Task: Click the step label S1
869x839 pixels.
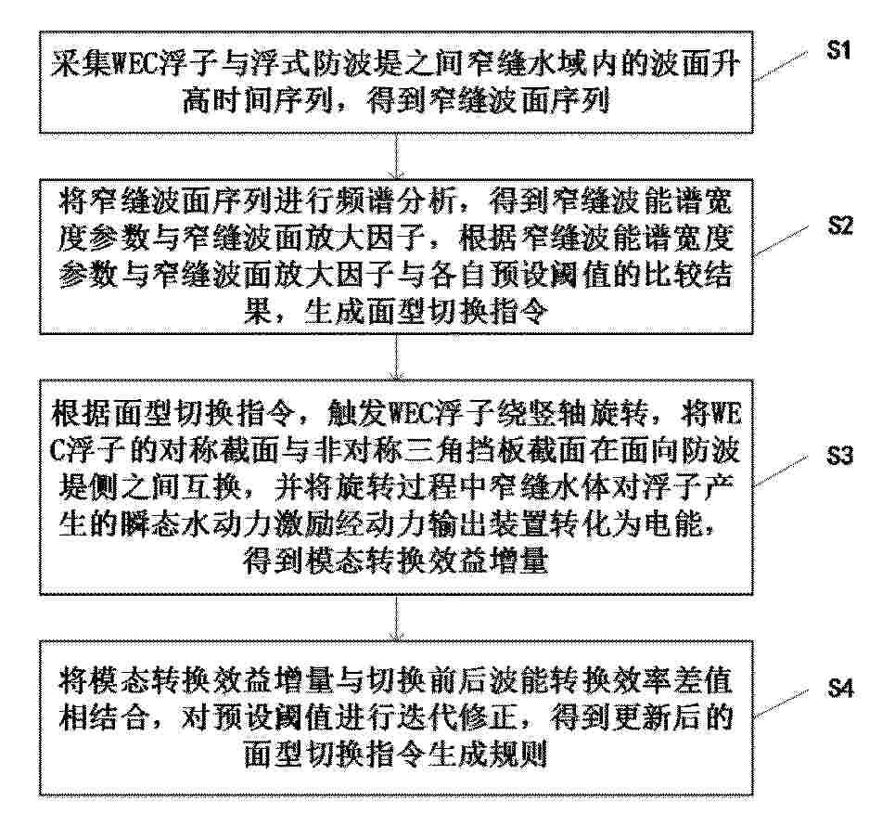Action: (838, 51)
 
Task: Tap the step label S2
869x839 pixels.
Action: (840, 226)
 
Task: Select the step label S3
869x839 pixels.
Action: (839, 456)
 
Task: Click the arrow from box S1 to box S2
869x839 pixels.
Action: (397, 156)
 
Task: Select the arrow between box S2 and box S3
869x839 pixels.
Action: (397, 356)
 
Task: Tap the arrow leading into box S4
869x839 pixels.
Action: (397, 617)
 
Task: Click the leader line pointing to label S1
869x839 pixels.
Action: (781, 67)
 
